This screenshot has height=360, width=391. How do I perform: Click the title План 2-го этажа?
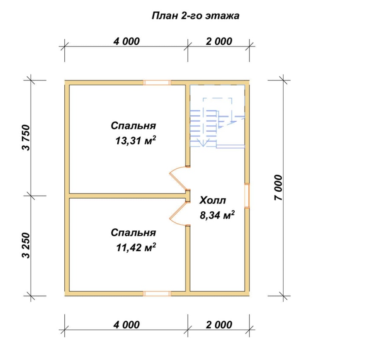click(195, 16)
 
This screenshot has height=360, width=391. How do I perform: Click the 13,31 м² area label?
click(136, 141)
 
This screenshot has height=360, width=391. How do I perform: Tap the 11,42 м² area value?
click(136, 247)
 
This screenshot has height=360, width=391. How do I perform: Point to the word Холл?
click(212, 200)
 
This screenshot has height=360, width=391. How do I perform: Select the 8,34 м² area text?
click(217, 215)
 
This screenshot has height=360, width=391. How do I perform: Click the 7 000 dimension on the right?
click(278, 188)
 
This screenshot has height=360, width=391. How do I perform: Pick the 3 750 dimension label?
click(26, 137)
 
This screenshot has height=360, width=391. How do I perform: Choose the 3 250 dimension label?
click(26, 245)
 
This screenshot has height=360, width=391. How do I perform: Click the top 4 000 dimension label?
click(126, 41)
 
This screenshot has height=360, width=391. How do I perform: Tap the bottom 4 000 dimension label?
click(126, 325)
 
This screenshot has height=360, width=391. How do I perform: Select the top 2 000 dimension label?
click(219, 41)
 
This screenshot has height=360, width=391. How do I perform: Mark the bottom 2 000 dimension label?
click(219, 325)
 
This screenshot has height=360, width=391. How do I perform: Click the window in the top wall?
click(157, 83)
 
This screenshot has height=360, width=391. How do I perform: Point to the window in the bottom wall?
click(157, 293)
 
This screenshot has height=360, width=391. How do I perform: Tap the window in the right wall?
click(247, 196)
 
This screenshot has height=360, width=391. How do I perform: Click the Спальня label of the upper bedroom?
click(133, 126)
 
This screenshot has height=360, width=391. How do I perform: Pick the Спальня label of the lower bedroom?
click(133, 233)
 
